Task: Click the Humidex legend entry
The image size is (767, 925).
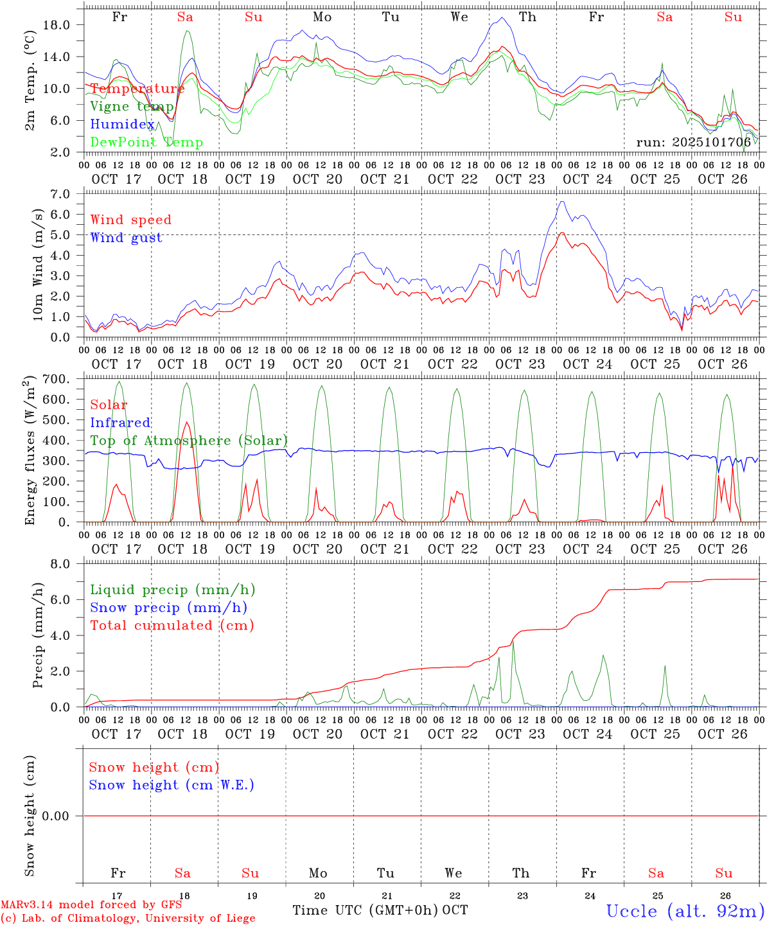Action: (122, 125)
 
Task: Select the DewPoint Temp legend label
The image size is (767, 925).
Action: (146, 143)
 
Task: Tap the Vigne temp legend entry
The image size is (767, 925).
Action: (132, 107)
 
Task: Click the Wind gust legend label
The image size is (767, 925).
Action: (126, 238)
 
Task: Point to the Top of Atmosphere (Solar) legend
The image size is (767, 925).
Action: (189, 441)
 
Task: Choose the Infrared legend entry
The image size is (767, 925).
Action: (120, 423)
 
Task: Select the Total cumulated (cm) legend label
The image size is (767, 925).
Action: (172, 626)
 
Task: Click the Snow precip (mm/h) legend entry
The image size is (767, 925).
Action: (168, 608)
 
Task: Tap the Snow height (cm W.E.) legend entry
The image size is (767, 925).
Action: (172, 785)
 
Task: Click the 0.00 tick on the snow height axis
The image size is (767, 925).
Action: (61, 816)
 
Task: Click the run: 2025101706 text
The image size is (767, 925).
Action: (693, 143)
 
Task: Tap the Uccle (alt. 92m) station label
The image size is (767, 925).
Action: (685, 911)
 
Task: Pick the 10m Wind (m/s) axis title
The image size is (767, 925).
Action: (38, 265)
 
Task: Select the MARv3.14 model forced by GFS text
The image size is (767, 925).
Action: (91, 905)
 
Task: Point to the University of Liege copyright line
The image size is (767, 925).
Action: (128, 919)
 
